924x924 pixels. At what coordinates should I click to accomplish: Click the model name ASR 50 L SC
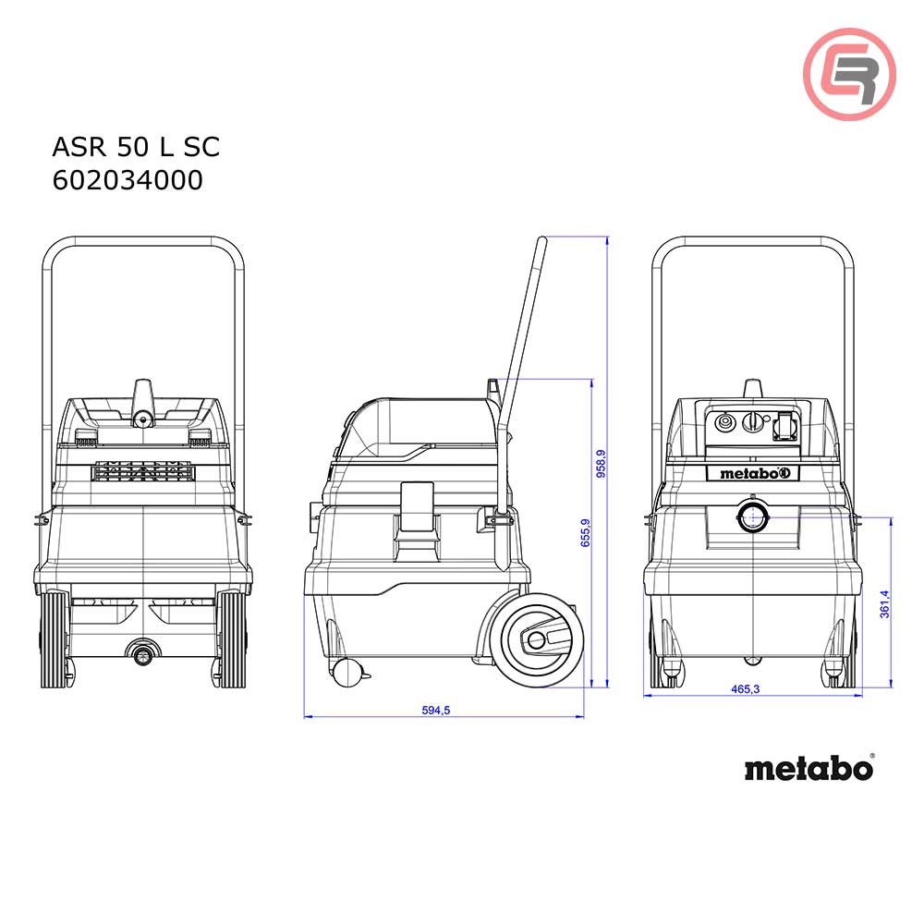coord(135,147)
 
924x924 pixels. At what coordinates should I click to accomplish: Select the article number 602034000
coord(128,180)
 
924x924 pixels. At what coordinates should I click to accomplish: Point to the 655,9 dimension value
coord(585,533)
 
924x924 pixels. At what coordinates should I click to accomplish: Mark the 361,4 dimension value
coord(884,603)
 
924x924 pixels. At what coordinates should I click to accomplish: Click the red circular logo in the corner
coord(848,74)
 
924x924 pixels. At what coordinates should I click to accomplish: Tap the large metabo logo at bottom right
coord(808,768)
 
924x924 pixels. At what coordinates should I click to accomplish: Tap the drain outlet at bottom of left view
coord(142,655)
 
